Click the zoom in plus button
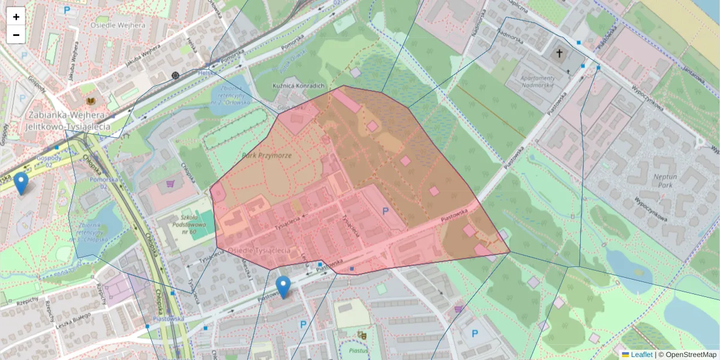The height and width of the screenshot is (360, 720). coord(16,17)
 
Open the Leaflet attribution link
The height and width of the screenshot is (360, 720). coord(641,355)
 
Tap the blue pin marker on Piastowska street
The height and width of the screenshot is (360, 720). coord(283,287)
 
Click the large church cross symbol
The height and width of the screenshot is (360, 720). coord(559,55)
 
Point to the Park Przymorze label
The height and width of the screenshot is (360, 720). coord(266,155)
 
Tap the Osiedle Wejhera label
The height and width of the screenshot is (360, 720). coord(118,25)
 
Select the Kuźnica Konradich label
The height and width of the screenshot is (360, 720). coord(299,85)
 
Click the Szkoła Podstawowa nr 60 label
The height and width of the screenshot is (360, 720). coord(184,224)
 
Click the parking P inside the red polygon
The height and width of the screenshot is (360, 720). coord(386,211)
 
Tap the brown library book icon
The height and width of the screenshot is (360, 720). coord(91,102)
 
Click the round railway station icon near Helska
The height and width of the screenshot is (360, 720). coord(175,76)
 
